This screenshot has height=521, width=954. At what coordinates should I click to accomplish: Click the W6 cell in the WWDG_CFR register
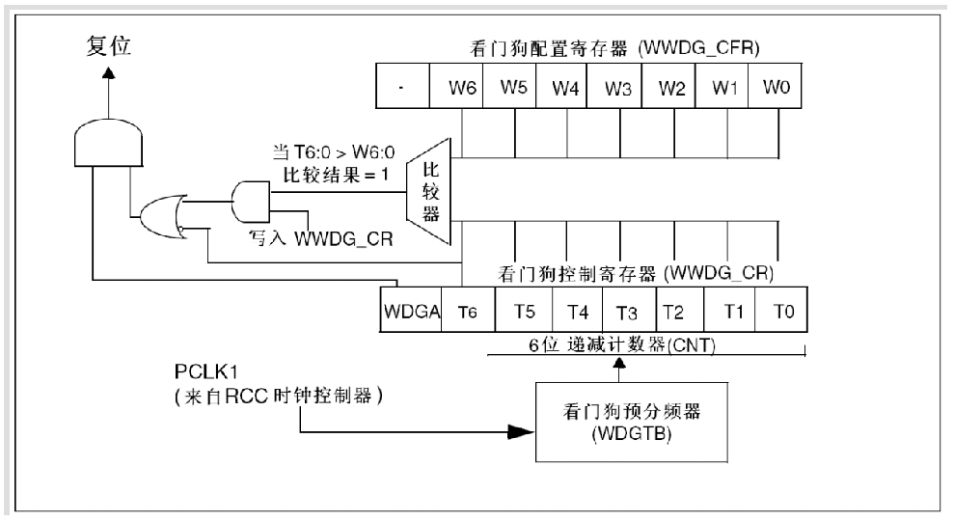point(456,87)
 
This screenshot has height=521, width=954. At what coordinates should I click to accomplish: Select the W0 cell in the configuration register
point(776,87)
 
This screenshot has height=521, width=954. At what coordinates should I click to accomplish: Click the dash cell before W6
point(403,87)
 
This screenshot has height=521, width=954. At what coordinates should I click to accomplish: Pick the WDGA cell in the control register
point(411,310)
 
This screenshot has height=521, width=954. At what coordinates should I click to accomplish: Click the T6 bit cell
point(468,310)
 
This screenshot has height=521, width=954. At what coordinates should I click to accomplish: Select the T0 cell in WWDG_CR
point(781,310)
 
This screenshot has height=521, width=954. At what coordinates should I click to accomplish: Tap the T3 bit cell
point(629,310)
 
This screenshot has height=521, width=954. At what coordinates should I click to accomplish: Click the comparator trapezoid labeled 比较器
point(429,192)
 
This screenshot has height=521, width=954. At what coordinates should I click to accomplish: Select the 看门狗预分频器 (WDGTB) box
point(632,422)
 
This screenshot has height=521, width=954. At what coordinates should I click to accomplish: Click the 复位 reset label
point(108,45)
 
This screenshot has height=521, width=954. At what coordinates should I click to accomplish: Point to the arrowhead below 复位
point(108,73)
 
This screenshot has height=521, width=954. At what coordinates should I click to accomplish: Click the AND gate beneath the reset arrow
point(108,143)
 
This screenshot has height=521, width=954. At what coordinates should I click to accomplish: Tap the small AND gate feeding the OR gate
point(251,202)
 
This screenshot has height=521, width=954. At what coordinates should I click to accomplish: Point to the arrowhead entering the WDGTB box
point(521,432)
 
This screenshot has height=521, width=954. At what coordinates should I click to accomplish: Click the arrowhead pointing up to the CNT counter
point(619,364)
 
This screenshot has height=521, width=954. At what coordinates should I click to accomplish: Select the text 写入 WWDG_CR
point(320,238)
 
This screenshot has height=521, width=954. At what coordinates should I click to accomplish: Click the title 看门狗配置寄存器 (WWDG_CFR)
point(614,48)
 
